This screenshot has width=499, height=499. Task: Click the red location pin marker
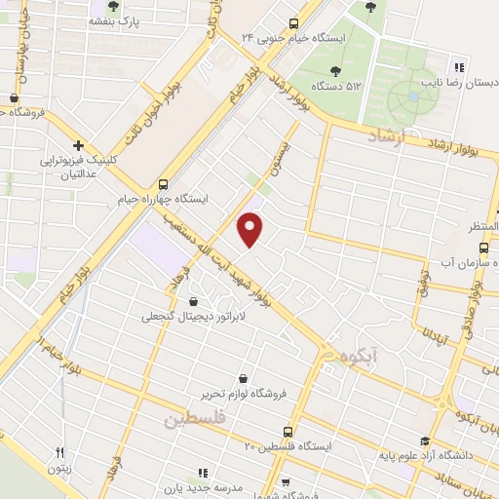250,228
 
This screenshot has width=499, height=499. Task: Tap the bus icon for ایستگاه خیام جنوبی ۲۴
294,23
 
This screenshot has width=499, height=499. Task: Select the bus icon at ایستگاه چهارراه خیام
163,183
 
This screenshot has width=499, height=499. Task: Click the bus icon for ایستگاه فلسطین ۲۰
288,431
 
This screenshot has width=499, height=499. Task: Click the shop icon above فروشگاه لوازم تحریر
243,378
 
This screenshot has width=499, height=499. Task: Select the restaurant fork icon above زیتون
60,452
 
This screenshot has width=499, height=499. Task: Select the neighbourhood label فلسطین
194,419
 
